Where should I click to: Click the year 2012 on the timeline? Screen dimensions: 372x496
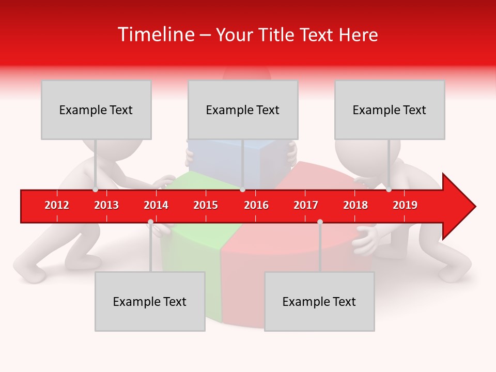click(57, 205)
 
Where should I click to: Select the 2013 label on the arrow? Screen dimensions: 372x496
click(106, 205)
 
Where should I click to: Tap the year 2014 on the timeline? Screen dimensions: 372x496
click(156, 205)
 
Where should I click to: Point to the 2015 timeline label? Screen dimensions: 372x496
click(206, 205)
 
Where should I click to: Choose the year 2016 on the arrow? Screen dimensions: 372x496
click(256, 205)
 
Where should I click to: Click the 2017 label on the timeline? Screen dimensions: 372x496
click(306, 205)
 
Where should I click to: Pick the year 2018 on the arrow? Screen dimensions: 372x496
click(355, 205)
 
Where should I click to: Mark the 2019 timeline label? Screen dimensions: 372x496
click(405, 205)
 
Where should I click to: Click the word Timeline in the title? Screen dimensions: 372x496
click(155, 35)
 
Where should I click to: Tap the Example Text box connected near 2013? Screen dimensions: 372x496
click(96, 110)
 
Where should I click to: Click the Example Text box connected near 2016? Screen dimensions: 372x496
click(243, 110)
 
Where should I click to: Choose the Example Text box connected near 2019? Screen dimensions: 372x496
click(390, 110)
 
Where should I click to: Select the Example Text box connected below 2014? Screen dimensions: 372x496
click(150, 301)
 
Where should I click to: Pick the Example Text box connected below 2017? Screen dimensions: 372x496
click(319, 301)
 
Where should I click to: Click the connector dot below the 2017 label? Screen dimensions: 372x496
click(320, 222)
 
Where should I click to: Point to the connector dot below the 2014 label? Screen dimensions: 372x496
click(150, 222)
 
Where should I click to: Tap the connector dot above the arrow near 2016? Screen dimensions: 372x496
click(242, 189)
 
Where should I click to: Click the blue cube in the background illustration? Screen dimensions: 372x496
click(263, 160)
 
